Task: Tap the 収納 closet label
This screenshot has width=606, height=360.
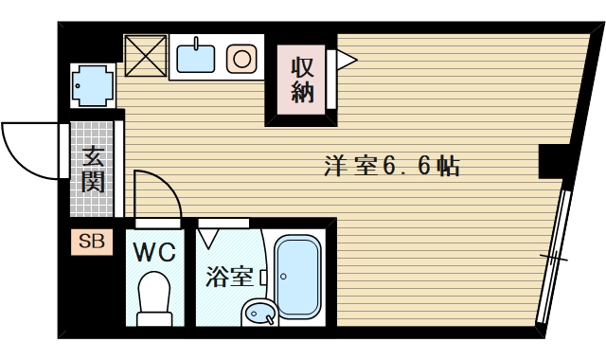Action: (302, 81)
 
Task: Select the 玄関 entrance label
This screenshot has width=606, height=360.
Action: (92, 170)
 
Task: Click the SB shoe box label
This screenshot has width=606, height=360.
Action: (92, 243)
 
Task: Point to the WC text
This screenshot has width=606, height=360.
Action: (153, 253)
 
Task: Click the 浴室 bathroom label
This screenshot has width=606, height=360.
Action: (230, 277)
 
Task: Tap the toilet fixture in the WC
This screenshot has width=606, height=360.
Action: (153, 297)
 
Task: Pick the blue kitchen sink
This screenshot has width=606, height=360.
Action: (197, 58)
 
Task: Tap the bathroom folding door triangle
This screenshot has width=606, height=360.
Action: (210, 237)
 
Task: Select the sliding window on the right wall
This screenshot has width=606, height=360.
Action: (553, 256)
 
